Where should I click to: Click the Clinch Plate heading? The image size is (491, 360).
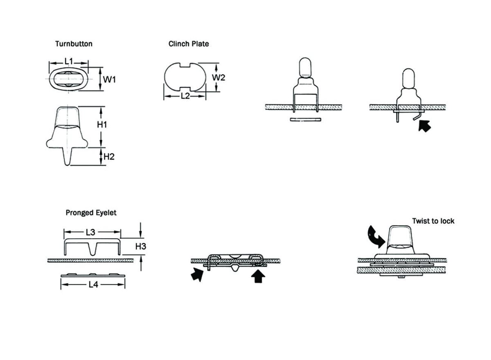pyautogui.click(x=189, y=44)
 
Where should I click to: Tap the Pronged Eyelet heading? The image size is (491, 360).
pyautogui.click(x=91, y=213)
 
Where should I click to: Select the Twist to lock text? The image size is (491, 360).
pyautogui.click(x=433, y=221)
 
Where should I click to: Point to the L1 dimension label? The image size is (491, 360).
pyautogui.click(x=69, y=61)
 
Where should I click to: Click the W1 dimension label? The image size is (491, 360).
pyautogui.click(x=109, y=79)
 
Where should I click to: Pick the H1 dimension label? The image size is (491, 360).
pyautogui.click(x=102, y=125)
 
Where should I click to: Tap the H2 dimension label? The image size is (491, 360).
pyautogui.click(x=108, y=156)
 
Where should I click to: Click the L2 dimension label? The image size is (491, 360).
pyautogui.click(x=185, y=96)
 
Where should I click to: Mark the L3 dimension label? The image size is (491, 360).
pyautogui.click(x=90, y=232)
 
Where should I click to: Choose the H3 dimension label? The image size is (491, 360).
pyautogui.click(x=140, y=246)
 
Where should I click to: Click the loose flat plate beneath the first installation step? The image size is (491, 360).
pyautogui.click(x=305, y=120)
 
